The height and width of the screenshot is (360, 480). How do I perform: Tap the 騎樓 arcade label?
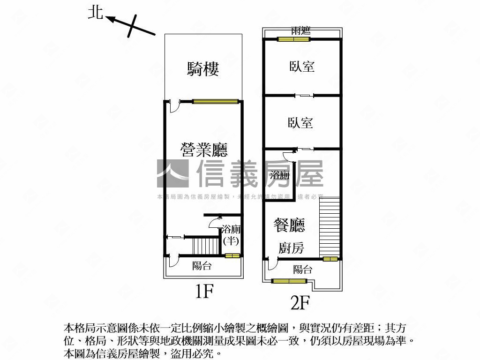coord(203,69)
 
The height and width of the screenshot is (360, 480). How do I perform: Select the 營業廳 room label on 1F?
coord(204,150)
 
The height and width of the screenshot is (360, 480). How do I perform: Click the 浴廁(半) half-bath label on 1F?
coord(231,235)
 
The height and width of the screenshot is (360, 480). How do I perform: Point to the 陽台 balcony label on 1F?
coord(202,266)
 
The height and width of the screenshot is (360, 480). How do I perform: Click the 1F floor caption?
coord(204,292)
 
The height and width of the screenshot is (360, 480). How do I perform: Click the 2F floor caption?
coord(300,303)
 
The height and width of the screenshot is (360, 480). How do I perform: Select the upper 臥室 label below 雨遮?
coord(301,67)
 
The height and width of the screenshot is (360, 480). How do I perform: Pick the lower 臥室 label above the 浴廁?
coord(300,123)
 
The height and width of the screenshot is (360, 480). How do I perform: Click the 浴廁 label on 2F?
coord(280,176)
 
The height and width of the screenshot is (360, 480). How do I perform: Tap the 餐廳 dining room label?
coord(289,225)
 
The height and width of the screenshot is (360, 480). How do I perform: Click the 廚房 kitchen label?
coord(291,248)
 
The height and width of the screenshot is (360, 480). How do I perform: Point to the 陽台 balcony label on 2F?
coord(302,270)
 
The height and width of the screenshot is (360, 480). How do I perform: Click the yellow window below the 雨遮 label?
coord(294,39)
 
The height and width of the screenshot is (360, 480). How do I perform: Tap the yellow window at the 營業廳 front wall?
coord(215,100)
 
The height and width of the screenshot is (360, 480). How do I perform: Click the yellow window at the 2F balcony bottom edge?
coord(289,281)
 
